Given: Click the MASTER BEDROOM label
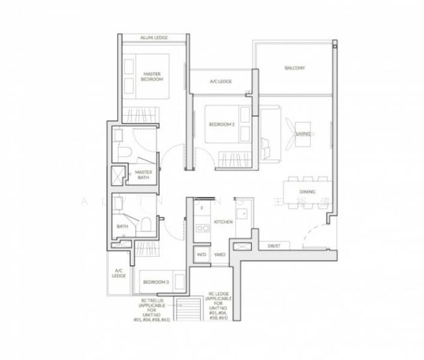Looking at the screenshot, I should click(152, 76).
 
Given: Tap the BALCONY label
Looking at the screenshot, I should click(294, 68).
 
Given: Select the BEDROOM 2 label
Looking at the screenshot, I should click(220, 124).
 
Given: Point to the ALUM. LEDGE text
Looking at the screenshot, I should click(154, 38).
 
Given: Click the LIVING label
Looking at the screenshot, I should click(303, 134).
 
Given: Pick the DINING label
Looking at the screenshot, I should click(307, 192).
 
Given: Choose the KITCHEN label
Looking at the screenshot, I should click(223, 222).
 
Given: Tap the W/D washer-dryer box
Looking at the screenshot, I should click(201, 255).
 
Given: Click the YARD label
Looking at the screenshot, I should click(220, 255).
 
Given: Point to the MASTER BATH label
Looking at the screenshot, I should click(144, 175).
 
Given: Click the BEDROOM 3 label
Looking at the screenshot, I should click(155, 281).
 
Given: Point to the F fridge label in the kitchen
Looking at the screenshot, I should click(202, 208).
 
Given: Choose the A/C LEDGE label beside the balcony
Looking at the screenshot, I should click(220, 82).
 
